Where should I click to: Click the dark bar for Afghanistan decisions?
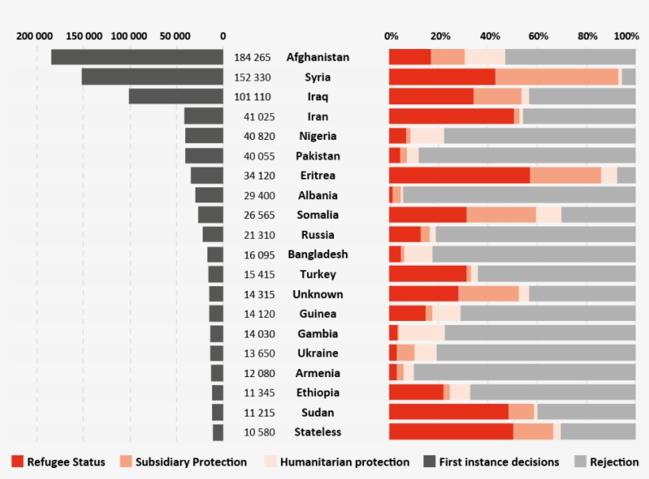click(x=137, y=57)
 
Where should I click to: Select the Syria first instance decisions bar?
click(x=152, y=77)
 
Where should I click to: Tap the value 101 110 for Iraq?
click(x=252, y=96)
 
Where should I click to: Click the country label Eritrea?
click(x=317, y=175)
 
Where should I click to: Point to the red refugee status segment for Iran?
click(x=451, y=116)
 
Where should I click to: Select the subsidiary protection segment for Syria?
click(x=556, y=77)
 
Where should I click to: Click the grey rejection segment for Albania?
click(x=518, y=195)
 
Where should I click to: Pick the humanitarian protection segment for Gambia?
click(x=421, y=334)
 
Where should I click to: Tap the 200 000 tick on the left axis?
click(x=35, y=36)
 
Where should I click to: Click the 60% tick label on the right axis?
click(x=537, y=36)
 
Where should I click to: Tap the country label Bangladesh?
click(x=317, y=255)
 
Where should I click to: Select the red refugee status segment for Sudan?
click(x=448, y=412)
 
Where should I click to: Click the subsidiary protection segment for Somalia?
click(x=501, y=215)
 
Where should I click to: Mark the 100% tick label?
click(x=625, y=36)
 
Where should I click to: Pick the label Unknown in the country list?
click(x=317, y=294)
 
